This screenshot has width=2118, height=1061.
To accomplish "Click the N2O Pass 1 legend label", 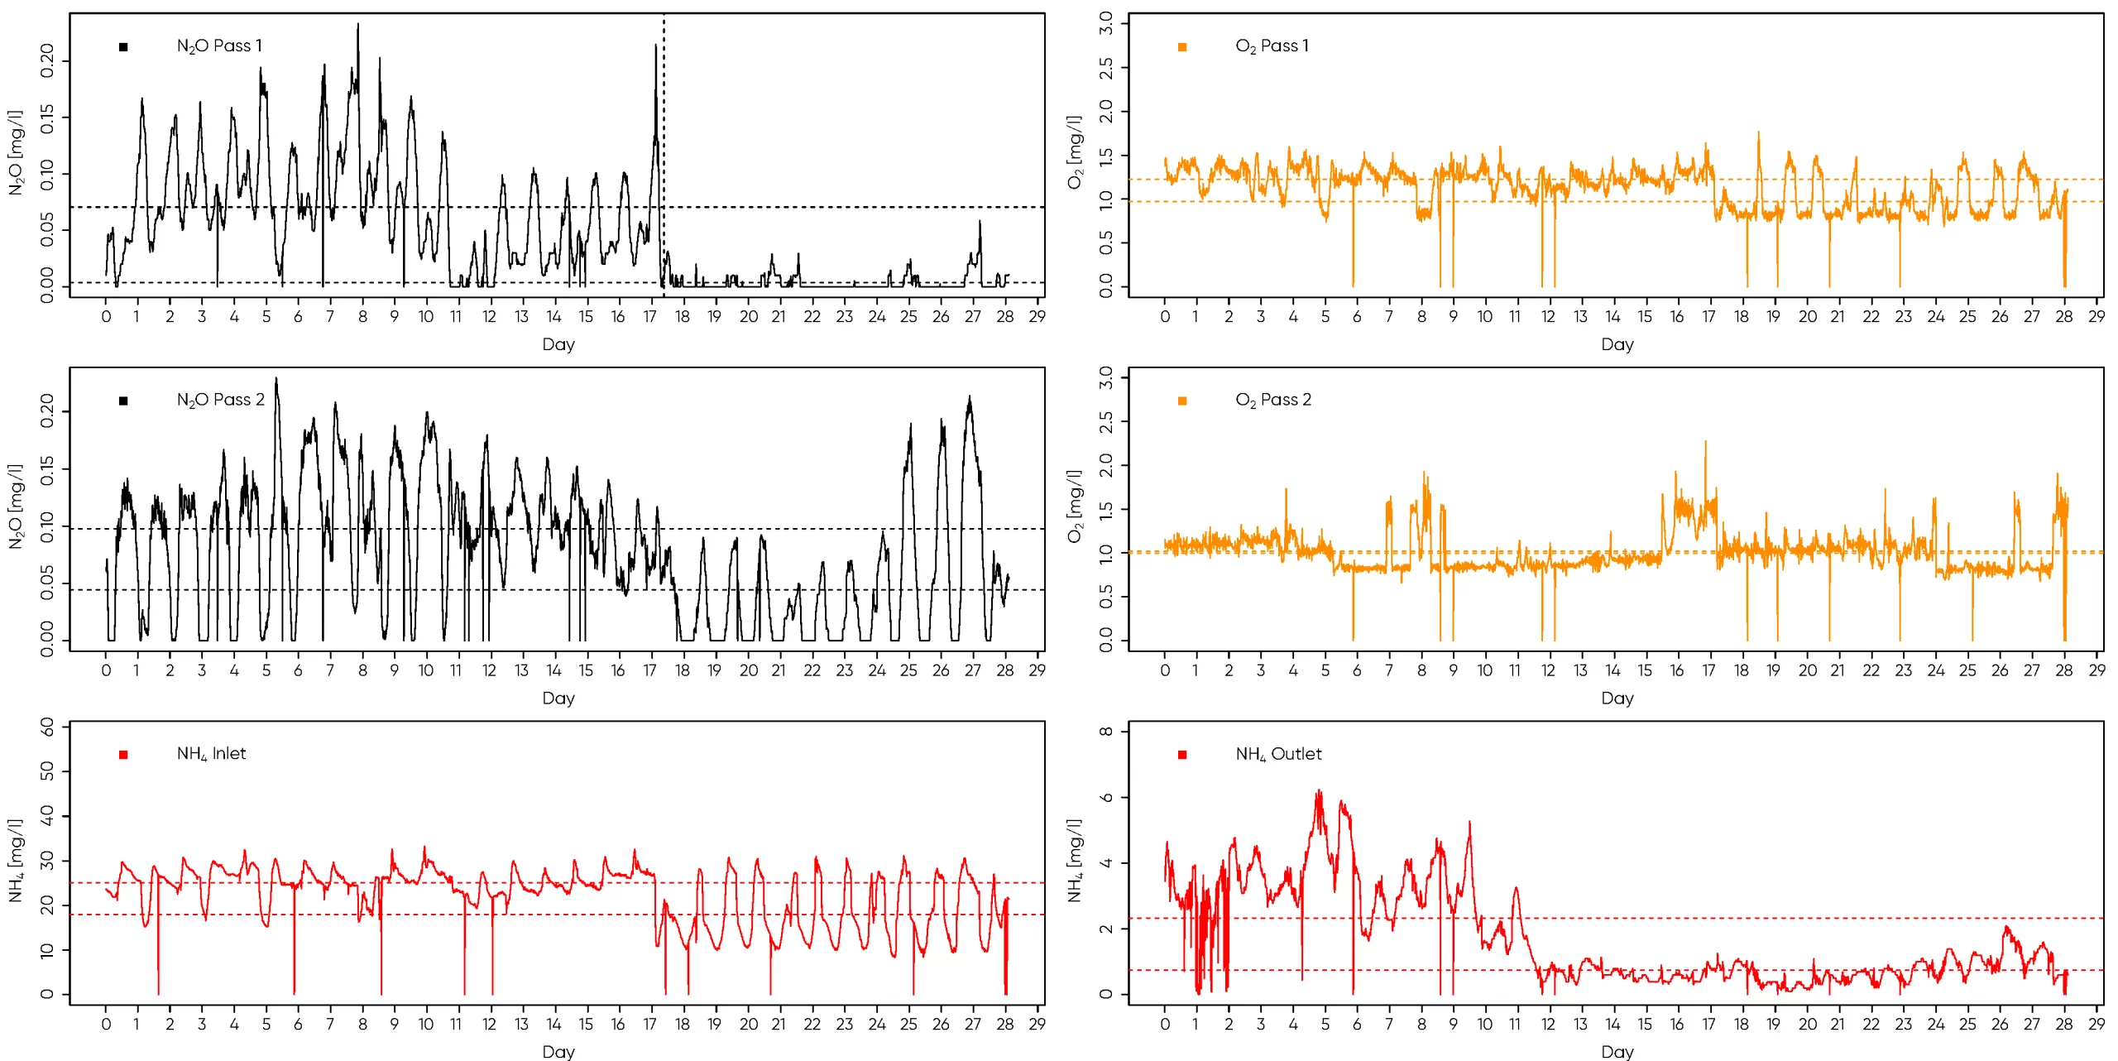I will (x=219, y=46).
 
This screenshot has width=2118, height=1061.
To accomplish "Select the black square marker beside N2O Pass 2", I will (x=123, y=401).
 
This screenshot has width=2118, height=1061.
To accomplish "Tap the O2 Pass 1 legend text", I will (x=1272, y=46).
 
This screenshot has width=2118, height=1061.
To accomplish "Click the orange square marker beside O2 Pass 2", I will (x=1182, y=401).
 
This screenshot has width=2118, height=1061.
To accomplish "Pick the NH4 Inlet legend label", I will (x=211, y=754).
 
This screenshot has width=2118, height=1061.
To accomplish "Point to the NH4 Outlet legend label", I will (x=1278, y=754).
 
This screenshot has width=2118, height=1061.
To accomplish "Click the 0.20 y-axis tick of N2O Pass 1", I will (x=47, y=61).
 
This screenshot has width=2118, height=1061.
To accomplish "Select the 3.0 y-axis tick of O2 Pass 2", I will (x=1106, y=378).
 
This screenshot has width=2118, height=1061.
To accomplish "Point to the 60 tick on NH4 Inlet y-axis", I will (x=47, y=727).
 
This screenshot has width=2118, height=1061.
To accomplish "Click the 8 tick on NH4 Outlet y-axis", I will (x=1106, y=731).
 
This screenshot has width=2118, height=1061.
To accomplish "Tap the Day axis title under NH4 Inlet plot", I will (x=558, y=1051).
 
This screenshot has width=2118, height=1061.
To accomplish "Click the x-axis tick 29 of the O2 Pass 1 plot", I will (x=2096, y=316).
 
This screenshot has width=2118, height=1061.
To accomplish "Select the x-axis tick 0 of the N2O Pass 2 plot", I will (x=106, y=670).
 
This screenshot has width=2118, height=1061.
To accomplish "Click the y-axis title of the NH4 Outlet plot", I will (x=1075, y=861).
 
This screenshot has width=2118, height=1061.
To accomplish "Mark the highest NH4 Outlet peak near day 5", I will (x=1320, y=792).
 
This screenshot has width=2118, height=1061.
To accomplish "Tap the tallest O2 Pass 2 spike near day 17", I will (x=1705, y=443).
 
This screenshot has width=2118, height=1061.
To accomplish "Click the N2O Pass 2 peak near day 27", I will (x=970, y=398).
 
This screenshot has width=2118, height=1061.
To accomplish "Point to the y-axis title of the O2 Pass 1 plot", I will (x=1075, y=152).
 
